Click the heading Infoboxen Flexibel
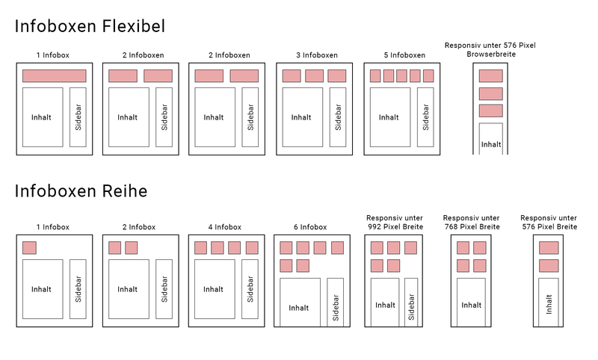pyautogui.click(x=90, y=26)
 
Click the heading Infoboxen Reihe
pyautogui.click(x=81, y=191)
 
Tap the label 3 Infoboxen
pyautogui.click(x=317, y=55)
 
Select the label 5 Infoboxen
pyautogui.click(x=404, y=55)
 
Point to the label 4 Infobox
pyautogui.click(x=225, y=227)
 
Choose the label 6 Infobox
pyautogui.click(x=310, y=227)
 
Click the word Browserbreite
pyautogui.click(x=491, y=54)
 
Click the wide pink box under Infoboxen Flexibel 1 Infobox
pyautogui.click(x=54, y=76)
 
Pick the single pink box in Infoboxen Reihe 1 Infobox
pyautogui.click(x=29, y=248)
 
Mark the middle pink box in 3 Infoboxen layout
pyautogui.click(x=314, y=76)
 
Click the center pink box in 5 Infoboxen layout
pyautogui.click(x=401, y=76)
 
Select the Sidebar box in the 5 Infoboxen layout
pyautogui.click(x=425, y=117)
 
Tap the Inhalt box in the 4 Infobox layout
pyautogui.click(x=215, y=289)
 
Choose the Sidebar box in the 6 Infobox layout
pyautogui.click(x=335, y=302)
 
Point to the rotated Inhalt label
pyautogui.click(x=549, y=305)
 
